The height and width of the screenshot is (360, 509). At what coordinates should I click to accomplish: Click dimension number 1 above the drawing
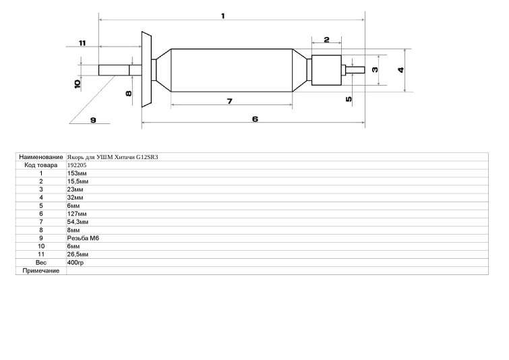[222, 16]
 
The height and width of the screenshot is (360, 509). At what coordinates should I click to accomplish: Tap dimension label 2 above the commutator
[326, 40]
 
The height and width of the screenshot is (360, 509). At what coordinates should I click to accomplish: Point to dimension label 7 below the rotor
[229, 102]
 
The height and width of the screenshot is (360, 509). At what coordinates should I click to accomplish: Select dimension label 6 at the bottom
[255, 119]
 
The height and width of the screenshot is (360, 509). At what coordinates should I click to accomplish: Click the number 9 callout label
[93, 120]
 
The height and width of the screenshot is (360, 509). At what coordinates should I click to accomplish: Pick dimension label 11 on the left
[82, 43]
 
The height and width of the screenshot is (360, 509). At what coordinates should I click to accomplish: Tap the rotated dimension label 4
[401, 70]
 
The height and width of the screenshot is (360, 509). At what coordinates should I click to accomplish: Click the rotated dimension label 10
[78, 84]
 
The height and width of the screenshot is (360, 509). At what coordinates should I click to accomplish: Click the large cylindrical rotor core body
[231, 70]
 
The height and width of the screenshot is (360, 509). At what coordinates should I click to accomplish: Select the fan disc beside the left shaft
[146, 69]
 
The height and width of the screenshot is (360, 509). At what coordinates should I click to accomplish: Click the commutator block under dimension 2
[326, 70]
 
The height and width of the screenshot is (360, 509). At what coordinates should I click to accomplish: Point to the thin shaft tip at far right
[355, 70]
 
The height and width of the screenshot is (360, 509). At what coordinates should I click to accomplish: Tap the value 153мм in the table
[77, 173]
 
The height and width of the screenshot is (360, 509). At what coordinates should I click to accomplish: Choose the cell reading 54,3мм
[78, 222]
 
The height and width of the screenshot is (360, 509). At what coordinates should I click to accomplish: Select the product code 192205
[77, 165]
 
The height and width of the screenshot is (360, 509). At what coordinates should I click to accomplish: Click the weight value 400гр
[76, 263]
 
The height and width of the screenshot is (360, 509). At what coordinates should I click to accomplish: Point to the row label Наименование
[41, 157]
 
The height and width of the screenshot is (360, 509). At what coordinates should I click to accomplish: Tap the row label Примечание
[41, 271]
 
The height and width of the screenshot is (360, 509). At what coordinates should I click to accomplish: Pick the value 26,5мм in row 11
[78, 255]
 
